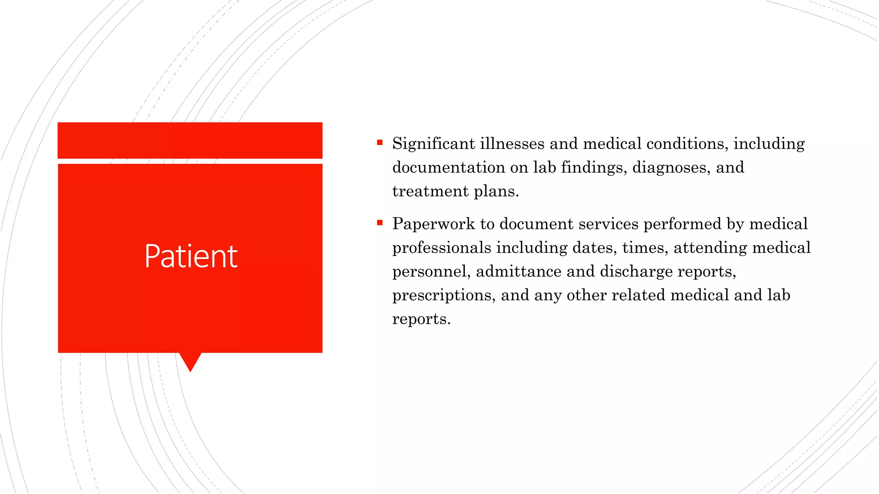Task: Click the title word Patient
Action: click(191, 256)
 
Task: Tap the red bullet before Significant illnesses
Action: click(380, 142)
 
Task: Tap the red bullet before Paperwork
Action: click(380, 223)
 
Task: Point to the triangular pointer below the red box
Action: click(190, 361)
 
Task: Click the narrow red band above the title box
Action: click(190, 140)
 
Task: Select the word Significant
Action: click(433, 144)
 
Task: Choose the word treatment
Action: click(430, 191)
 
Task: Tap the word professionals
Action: click(442, 248)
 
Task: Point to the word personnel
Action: click(429, 272)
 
